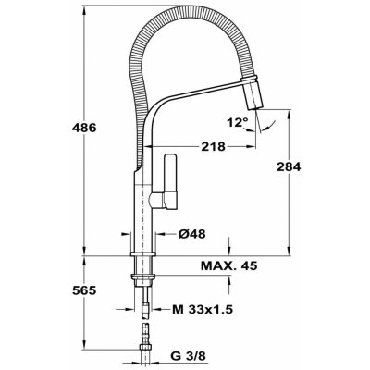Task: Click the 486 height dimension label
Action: click(84, 128)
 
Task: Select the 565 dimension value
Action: click(84, 290)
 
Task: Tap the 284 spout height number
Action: click(289, 166)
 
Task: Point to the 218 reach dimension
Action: click(213, 146)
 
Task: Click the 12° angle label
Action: click(237, 123)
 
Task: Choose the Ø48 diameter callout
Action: click(191, 234)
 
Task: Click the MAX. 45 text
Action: click(229, 265)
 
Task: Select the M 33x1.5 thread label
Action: click(203, 309)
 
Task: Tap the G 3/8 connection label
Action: click(188, 356)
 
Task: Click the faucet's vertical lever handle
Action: click(170, 181)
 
